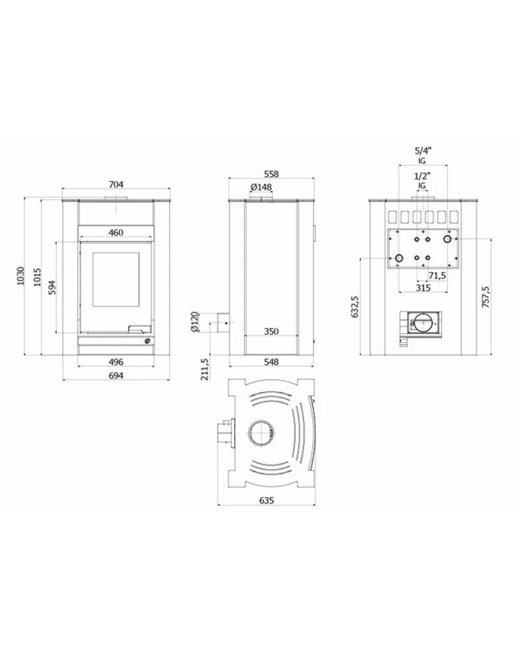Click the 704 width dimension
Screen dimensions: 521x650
(x=116, y=185)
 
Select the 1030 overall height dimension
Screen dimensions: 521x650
(x=21, y=276)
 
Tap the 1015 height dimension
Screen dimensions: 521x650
(x=37, y=277)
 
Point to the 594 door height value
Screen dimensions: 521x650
(x=52, y=288)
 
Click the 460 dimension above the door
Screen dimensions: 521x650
(x=116, y=232)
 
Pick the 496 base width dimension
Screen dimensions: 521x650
(x=116, y=362)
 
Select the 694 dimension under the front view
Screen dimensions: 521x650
(x=116, y=375)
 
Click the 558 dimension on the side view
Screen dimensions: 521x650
(x=272, y=174)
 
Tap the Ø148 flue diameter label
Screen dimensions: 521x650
(x=261, y=187)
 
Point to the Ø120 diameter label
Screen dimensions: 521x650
(x=195, y=322)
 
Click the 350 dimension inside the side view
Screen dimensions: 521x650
(x=272, y=332)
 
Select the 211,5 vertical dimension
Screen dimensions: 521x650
(x=204, y=370)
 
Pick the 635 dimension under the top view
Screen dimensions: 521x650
(x=266, y=500)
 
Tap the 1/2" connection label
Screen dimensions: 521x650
(x=423, y=176)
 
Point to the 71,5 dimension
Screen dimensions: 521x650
(x=437, y=276)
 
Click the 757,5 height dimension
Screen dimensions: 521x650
(x=486, y=297)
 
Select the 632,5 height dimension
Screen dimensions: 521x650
(x=355, y=306)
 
